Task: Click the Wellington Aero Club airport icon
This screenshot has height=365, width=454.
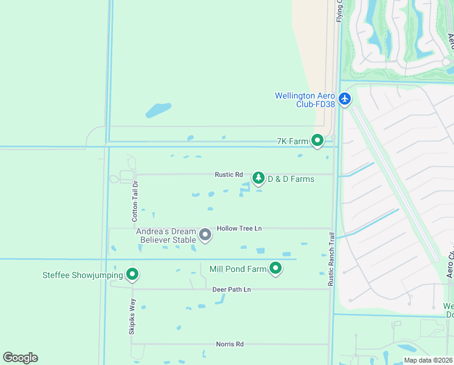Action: click(x=345, y=99)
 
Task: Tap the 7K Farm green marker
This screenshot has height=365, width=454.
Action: click(x=317, y=141)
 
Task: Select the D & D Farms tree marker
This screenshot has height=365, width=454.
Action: click(x=259, y=178)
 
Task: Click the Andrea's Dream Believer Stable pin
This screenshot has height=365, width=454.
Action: click(x=205, y=234)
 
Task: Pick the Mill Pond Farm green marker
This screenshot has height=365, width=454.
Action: click(x=276, y=268)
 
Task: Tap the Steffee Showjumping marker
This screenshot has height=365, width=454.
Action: click(x=132, y=275)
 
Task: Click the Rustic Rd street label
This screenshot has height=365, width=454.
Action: click(x=229, y=175)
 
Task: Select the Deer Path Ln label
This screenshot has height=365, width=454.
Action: click(x=231, y=290)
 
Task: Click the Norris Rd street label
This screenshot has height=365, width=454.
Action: click(x=229, y=344)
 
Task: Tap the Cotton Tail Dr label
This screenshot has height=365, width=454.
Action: click(x=135, y=201)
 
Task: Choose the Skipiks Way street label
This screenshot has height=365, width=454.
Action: click(x=132, y=316)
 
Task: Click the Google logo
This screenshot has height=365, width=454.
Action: click(x=20, y=358)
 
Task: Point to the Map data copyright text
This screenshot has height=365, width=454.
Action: click(x=428, y=360)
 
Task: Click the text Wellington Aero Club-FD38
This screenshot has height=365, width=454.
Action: click(x=305, y=100)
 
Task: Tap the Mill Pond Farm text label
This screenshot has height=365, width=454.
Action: click(x=238, y=269)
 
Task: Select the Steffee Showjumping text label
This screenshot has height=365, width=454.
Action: click(x=83, y=276)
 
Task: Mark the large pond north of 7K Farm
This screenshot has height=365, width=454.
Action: click(x=158, y=110)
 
